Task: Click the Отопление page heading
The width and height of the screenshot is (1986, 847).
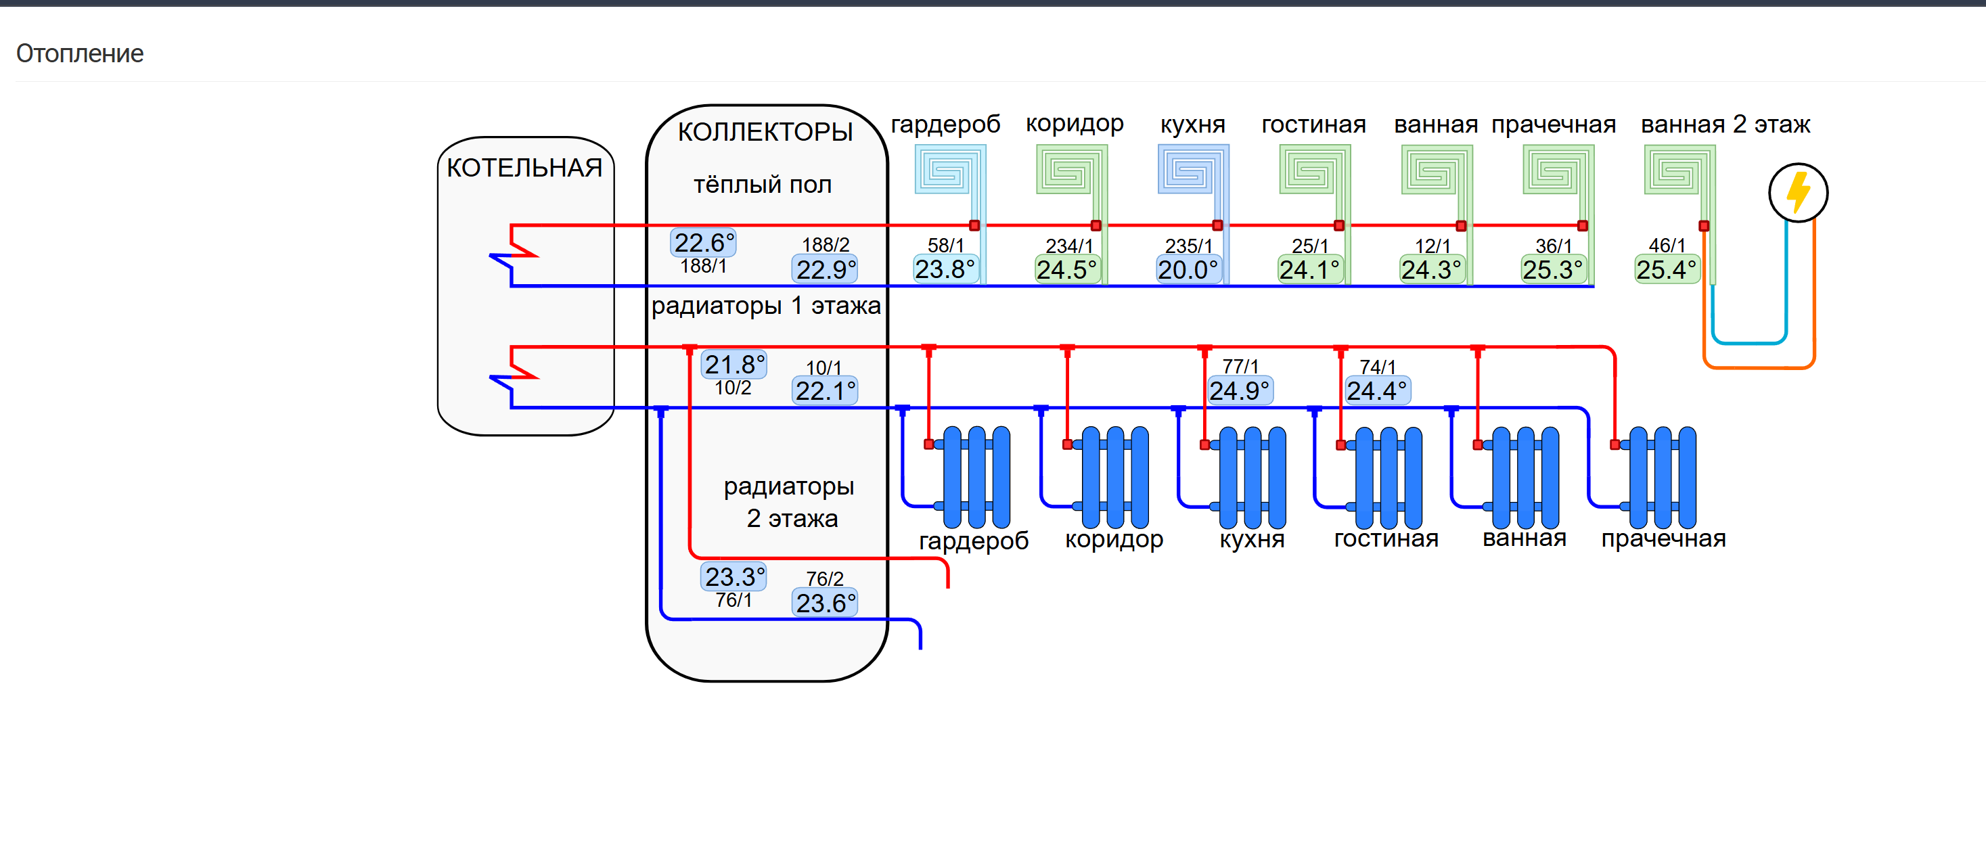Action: [79, 53]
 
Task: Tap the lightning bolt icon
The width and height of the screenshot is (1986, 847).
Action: [1798, 193]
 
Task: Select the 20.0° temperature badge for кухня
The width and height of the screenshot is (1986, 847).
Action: [1188, 270]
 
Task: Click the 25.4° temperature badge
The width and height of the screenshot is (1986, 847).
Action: [1667, 270]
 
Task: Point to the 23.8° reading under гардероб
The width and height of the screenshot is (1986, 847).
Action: [945, 269]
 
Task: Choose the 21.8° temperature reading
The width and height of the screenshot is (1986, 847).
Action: [735, 365]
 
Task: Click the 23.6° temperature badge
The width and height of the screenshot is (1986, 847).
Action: [826, 603]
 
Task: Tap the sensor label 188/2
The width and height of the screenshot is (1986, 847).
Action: [826, 244]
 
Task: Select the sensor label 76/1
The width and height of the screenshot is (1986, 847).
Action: [734, 599]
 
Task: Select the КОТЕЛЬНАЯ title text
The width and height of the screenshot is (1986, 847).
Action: [524, 167]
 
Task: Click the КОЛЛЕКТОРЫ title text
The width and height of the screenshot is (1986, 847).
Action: [765, 132]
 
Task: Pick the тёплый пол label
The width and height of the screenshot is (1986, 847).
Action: [763, 184]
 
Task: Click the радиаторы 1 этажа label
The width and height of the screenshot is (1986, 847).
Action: [765, 306]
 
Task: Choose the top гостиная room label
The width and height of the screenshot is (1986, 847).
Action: [1313, 124]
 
